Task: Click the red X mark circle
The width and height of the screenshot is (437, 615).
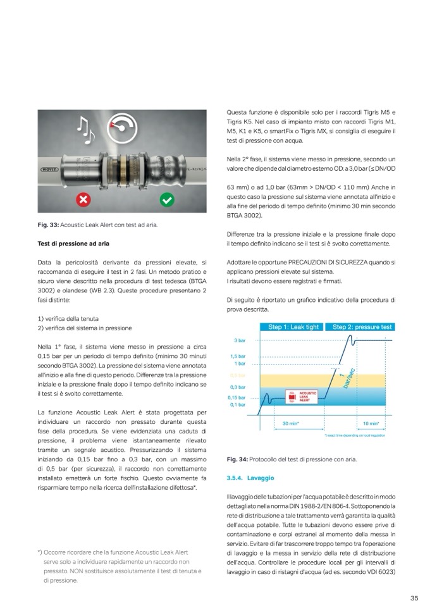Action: (x=83, y=201)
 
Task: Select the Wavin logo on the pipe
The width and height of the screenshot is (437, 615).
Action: (x=49, y=170)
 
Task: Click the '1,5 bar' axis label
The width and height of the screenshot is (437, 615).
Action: (x=238, y=356)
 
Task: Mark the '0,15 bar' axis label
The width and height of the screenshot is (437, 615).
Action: (x=237, y=397)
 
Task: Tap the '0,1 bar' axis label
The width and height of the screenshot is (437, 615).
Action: (x=238, y=404)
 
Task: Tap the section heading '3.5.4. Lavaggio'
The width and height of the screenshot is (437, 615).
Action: (x=249, y=478)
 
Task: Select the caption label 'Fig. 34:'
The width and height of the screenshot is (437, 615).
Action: (x=237, y=459)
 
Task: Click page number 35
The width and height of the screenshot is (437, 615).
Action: (x=414, y=598)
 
